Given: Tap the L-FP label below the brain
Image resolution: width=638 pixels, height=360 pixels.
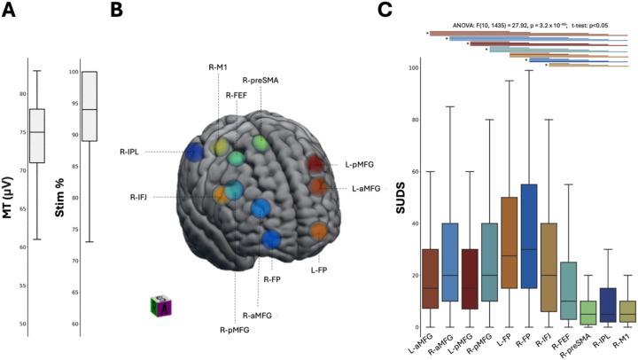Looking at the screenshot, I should coord(321,270).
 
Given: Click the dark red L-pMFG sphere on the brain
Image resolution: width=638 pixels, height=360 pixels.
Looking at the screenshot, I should coord(315,163).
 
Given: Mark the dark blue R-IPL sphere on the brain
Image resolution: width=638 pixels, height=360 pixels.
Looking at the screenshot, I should coord(194,153).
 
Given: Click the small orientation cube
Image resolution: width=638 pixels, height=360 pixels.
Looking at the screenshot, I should coord(160,306).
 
